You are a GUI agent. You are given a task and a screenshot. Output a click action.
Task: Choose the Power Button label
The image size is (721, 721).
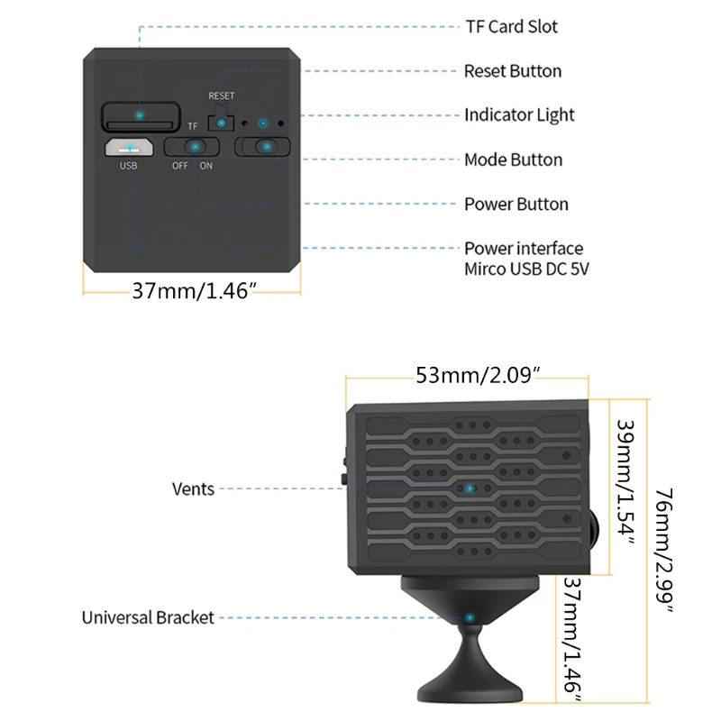(x=516, y=204)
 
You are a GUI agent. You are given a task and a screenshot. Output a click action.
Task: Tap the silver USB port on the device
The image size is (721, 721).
(x=129, y=147)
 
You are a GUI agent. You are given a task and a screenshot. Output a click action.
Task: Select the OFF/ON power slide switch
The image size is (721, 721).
(x=193, y=147)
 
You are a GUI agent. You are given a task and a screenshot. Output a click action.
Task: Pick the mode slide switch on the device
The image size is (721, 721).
(x=264, y=146)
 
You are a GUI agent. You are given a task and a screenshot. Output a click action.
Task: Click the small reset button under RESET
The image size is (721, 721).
(x=221, y=122)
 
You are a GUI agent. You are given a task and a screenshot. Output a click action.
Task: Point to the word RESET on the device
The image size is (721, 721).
(x=221, y=96)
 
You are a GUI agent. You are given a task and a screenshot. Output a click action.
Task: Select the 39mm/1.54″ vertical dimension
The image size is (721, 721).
(x=625, y=482)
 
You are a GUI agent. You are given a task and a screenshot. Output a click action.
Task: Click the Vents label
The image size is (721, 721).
(x=193, y=488)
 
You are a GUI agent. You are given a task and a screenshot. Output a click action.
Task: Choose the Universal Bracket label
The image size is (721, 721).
(x=148, y=617)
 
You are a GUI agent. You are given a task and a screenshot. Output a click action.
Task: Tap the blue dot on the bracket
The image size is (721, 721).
(x=470, y=617)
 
